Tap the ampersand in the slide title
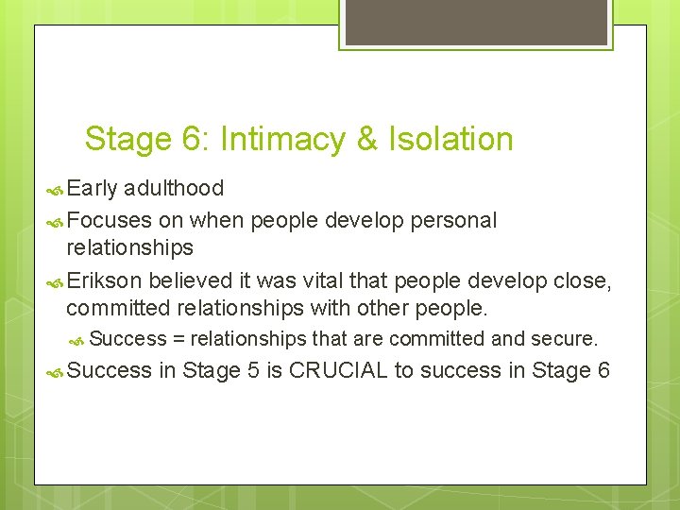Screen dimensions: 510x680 (x=366, y=140)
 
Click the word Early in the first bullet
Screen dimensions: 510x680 (x=92, y=189)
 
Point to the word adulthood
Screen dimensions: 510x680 (x=174, y=189)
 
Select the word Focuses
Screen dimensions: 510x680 (x=109, y=221)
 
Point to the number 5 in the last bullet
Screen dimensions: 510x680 (x=252, y=371)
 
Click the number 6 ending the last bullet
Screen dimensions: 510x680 (x=603, y=371)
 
